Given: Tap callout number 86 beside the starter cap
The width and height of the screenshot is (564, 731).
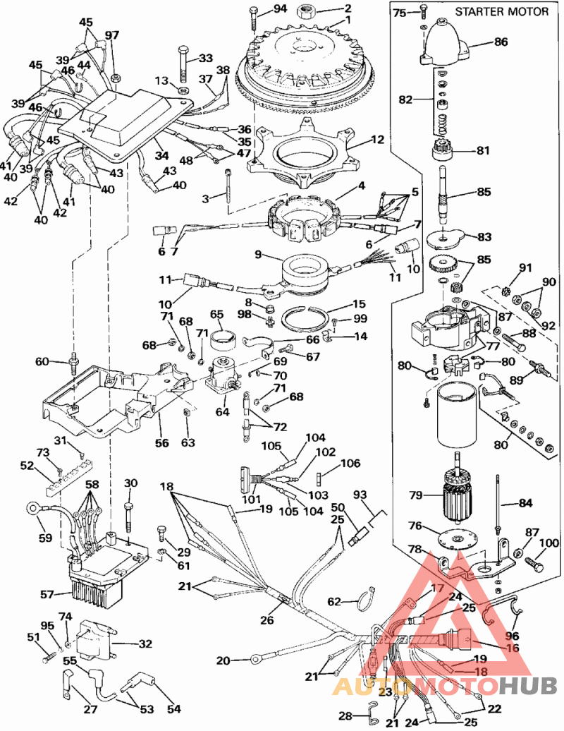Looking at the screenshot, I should click(x=501, y=42).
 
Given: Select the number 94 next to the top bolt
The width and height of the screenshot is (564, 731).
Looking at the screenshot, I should click(x=280, y=9).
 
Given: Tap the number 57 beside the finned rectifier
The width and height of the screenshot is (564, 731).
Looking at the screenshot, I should click(x=47, y=595).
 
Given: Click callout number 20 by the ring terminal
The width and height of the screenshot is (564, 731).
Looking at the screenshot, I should click(x=223, y=660).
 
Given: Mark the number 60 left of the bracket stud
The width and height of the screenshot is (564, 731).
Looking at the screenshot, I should click(x=43, y=362).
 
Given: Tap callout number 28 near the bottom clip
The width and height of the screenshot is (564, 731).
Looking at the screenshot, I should click(x=344, y=715).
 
